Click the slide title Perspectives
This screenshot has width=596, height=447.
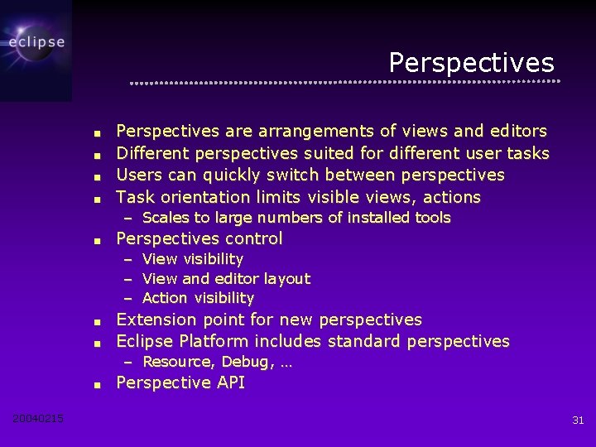[x=471, y=62]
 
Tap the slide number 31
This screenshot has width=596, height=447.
[x=578, y=421]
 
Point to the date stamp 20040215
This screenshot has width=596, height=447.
[x=38, y=419]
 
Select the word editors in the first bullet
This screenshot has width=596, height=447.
[x=517, y=131]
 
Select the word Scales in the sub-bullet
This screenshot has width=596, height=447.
[x=166, y=218]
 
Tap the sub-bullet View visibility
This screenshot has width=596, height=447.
[x=192, y=259]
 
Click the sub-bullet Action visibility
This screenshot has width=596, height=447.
[x=198, y=298]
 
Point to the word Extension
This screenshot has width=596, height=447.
[x=154, y=320]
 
